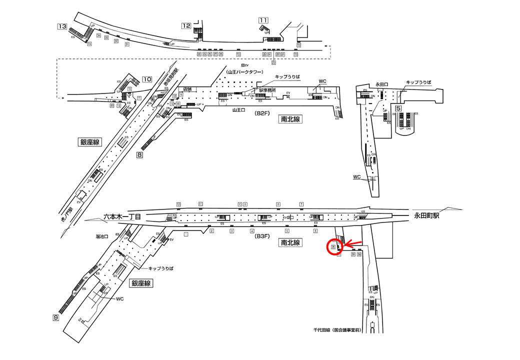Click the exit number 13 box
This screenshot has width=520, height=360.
[x=62, y=26]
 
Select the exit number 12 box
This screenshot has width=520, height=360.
[x=186, y=26]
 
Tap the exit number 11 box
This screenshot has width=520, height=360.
[x=263, y=20]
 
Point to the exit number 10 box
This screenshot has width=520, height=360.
[x=147, y=79]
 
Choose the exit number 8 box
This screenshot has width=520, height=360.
[x=139, y=155]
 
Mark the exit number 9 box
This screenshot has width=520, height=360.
[x=56, y=317]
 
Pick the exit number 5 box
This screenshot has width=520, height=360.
[x=398, y=108]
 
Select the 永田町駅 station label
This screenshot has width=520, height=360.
[x=426, y=216]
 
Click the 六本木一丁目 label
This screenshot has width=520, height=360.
[x=122, y=217]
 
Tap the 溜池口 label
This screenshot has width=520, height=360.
[x=102, y=236]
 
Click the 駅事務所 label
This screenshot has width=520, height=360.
[x=267, y=90]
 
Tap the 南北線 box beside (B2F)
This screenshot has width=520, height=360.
[x=290, y=119]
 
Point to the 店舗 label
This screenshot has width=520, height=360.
[x=187, y=88]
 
